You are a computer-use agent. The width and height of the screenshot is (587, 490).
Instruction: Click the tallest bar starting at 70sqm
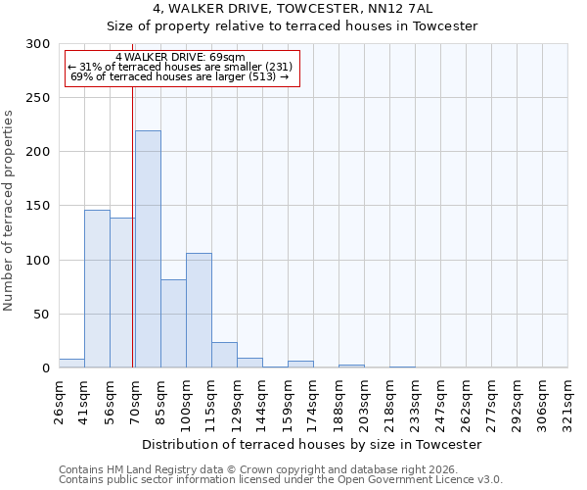coord(148,250)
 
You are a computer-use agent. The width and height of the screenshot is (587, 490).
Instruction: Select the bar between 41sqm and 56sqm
coord(97,289)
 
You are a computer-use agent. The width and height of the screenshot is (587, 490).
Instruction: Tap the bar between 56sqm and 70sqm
coord(122,293)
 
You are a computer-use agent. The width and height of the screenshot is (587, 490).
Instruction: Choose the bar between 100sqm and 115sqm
coord(199,311)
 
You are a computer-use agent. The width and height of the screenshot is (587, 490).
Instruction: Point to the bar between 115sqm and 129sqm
coord(224,356)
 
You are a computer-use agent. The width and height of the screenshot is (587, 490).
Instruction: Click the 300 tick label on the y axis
coord(38,44)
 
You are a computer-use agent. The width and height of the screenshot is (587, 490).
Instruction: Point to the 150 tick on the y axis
coord(38,206)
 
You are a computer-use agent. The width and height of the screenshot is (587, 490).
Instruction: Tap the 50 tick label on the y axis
coord(42,315)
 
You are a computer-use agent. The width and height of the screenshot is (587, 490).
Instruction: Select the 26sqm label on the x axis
coord(60,401)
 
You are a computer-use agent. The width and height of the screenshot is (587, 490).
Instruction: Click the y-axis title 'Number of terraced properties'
coord(9,210)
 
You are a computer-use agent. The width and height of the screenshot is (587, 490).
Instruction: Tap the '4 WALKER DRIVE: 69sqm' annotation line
coord(180,58)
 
